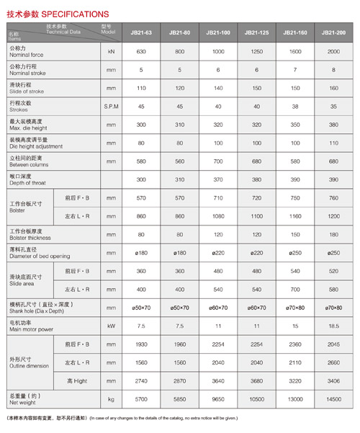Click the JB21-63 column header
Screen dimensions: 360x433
tap(141, 33)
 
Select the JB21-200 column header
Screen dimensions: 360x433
tap(333, 33)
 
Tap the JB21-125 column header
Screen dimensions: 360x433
tap(256, 33)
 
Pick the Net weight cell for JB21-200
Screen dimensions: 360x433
tap(333, 398)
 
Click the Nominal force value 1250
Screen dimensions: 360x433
tap(256, 53)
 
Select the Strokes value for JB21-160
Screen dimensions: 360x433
tap(294, 105)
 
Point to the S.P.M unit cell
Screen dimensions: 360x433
tap(111, 105)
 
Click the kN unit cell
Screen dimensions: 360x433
tap(111, 53)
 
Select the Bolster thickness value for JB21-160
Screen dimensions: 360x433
tap(294, 235)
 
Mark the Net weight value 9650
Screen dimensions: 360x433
tap(218, 398)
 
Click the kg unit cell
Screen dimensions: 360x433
tap(111, 398)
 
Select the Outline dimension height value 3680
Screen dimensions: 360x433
tap(256, 380)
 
